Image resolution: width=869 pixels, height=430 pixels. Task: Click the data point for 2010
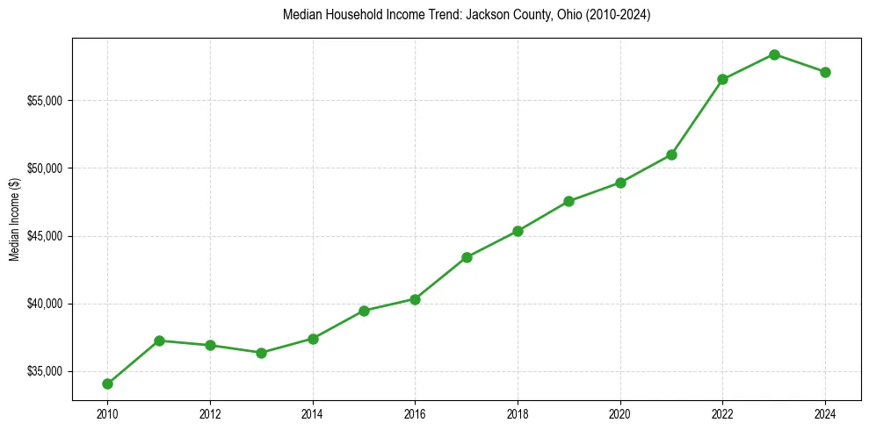pyautogui.click(x=107, y=383)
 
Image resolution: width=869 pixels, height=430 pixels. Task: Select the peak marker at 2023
pyautogui.click(x=774, y=54)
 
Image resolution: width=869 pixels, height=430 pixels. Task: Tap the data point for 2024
pyautogui.click(x=825, y=72)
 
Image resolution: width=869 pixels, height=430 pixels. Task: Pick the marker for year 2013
pyautogui.click(x=261, y=353)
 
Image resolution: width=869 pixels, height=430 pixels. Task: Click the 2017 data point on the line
pyautogui.click(x=467, y=257)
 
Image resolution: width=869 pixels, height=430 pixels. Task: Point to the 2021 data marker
pyautogui.click(x=671, y=154)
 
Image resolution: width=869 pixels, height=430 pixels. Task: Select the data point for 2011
pyautogui.click(x=159, y=340)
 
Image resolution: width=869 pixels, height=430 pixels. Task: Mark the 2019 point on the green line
pyautogui.click(x=568, y=201)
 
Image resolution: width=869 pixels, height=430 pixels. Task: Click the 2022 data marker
pyautogui.click(x=722, y=79)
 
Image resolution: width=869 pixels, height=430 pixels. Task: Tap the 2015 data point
pyautogui.click(x=364, y=311)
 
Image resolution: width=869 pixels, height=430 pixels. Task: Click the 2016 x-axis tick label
pyautogui.click(x=415, y=413)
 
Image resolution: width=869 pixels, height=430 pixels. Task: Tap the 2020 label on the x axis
pyautogui.click(x=620, y=413)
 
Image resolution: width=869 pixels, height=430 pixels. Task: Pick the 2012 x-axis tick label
pyautogui.click(x=210, y=413)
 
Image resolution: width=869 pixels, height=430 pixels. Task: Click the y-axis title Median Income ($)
pyautogui.click(x=14, y=219)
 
